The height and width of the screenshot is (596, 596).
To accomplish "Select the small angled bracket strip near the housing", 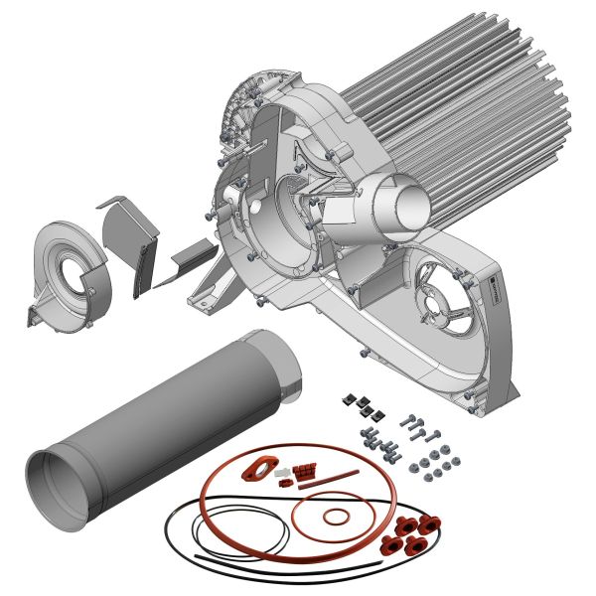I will coord(190,260).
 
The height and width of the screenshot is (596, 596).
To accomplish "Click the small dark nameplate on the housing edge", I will coord(494,293).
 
